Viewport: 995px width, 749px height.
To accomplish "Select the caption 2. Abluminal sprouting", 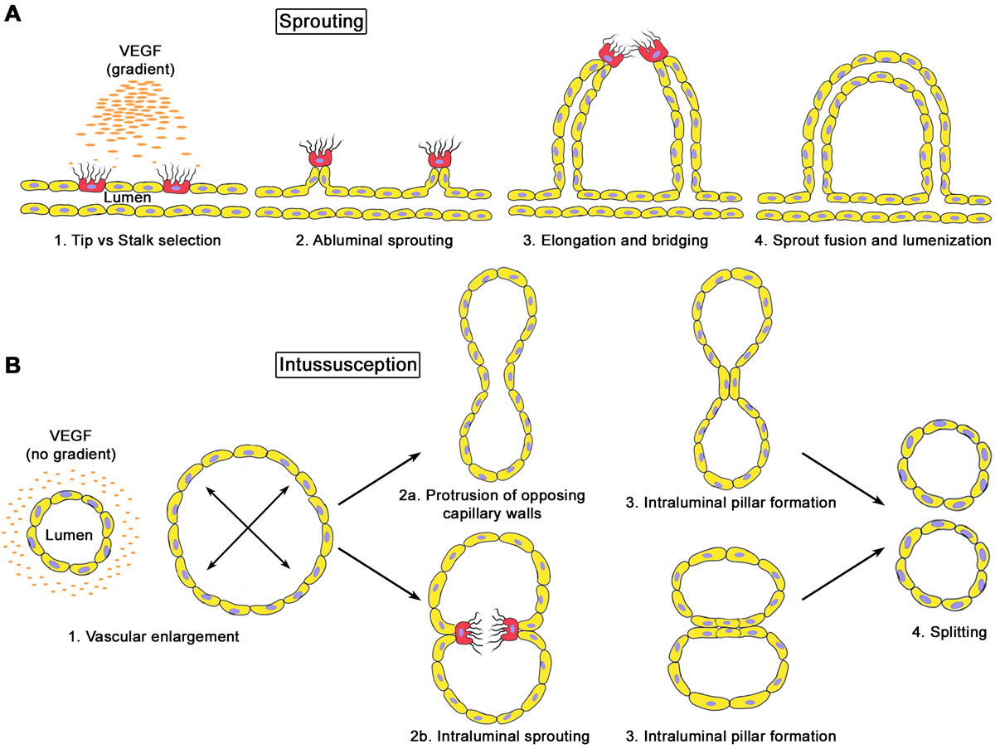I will click(365, 240).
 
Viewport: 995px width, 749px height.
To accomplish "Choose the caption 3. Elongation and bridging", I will click(617, 240).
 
